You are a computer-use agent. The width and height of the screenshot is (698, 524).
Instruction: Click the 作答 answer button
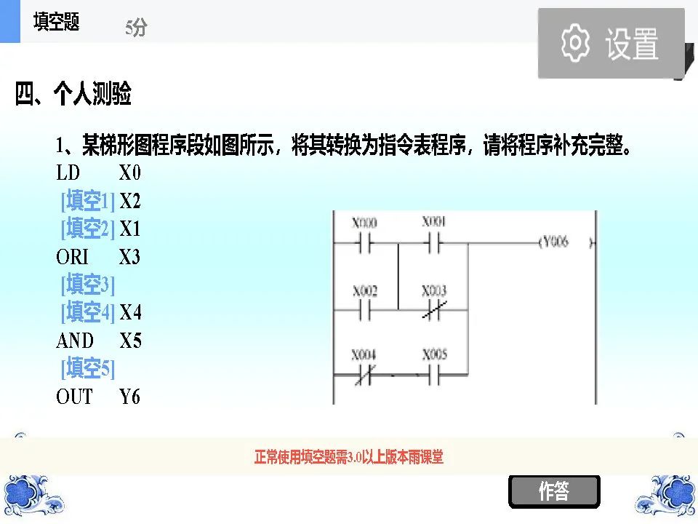coord(554,492)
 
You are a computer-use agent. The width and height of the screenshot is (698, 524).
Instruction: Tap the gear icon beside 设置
coord(575,42)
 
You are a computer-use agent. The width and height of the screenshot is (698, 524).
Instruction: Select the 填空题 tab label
coord(56,23)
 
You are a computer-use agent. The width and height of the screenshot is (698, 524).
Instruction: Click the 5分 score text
coord(136,28)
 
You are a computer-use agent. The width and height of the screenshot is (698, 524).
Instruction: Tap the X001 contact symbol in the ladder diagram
coord(434,245)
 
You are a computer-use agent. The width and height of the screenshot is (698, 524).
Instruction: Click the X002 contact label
coord(365,291)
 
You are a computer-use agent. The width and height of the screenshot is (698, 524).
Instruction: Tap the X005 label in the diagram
coord(435,355)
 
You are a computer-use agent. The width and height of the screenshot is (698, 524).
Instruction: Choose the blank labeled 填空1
coord(87,201)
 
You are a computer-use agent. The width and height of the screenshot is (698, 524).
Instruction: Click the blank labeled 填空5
coord(87,369)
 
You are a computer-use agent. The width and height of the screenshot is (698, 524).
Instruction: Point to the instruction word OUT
coord(75,397)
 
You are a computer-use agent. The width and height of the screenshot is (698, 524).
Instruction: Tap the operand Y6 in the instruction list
coord(130,397)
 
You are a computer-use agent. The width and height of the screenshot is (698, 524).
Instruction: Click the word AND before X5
coord(75,341)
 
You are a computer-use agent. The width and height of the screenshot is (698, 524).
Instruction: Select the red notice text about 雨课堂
coord(349,458)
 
